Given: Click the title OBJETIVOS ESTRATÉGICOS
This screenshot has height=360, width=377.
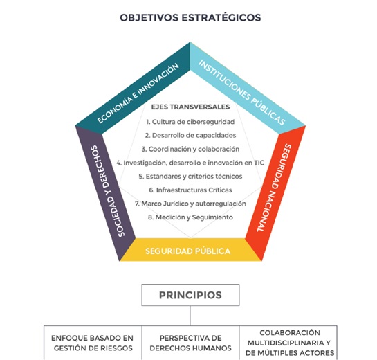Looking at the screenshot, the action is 190,17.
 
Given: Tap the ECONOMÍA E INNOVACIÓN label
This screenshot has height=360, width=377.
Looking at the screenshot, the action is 138,93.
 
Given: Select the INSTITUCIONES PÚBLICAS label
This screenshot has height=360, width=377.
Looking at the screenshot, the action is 241,92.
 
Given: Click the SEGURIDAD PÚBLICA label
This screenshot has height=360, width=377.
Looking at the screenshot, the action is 187,251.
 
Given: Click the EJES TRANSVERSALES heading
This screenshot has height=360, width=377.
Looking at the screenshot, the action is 190,107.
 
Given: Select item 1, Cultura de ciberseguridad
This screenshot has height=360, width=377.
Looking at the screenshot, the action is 190,122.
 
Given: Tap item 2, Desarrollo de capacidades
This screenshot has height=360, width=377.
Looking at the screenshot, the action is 190,136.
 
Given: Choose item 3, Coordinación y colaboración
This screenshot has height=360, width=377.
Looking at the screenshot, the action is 190,150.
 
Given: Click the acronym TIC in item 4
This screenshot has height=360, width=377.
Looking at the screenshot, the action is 259,163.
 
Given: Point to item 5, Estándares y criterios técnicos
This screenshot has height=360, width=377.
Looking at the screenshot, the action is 190,177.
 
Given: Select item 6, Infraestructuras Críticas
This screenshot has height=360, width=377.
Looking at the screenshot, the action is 190,190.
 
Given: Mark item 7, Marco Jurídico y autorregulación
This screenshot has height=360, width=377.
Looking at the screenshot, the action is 190,204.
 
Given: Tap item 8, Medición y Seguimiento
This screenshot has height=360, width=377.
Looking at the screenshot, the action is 190,217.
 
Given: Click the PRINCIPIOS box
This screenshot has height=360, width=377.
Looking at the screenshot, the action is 190,295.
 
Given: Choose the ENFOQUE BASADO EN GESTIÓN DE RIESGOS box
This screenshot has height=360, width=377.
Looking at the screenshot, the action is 93,343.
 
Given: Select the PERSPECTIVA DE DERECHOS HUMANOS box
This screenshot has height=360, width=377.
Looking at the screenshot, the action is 190,343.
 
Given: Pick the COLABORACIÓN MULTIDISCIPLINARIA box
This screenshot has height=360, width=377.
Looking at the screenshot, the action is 288,343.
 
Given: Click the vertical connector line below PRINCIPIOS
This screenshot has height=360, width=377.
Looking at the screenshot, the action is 190,316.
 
